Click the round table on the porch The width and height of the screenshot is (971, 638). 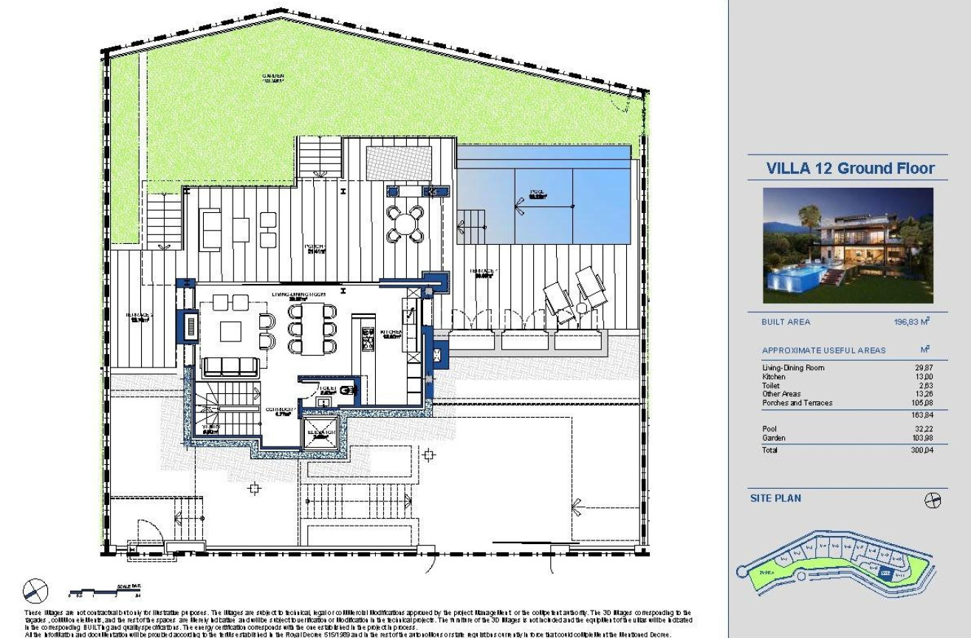[407, 221]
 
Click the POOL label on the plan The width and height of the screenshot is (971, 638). [536, 194]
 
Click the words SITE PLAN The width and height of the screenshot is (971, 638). [775, 498]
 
